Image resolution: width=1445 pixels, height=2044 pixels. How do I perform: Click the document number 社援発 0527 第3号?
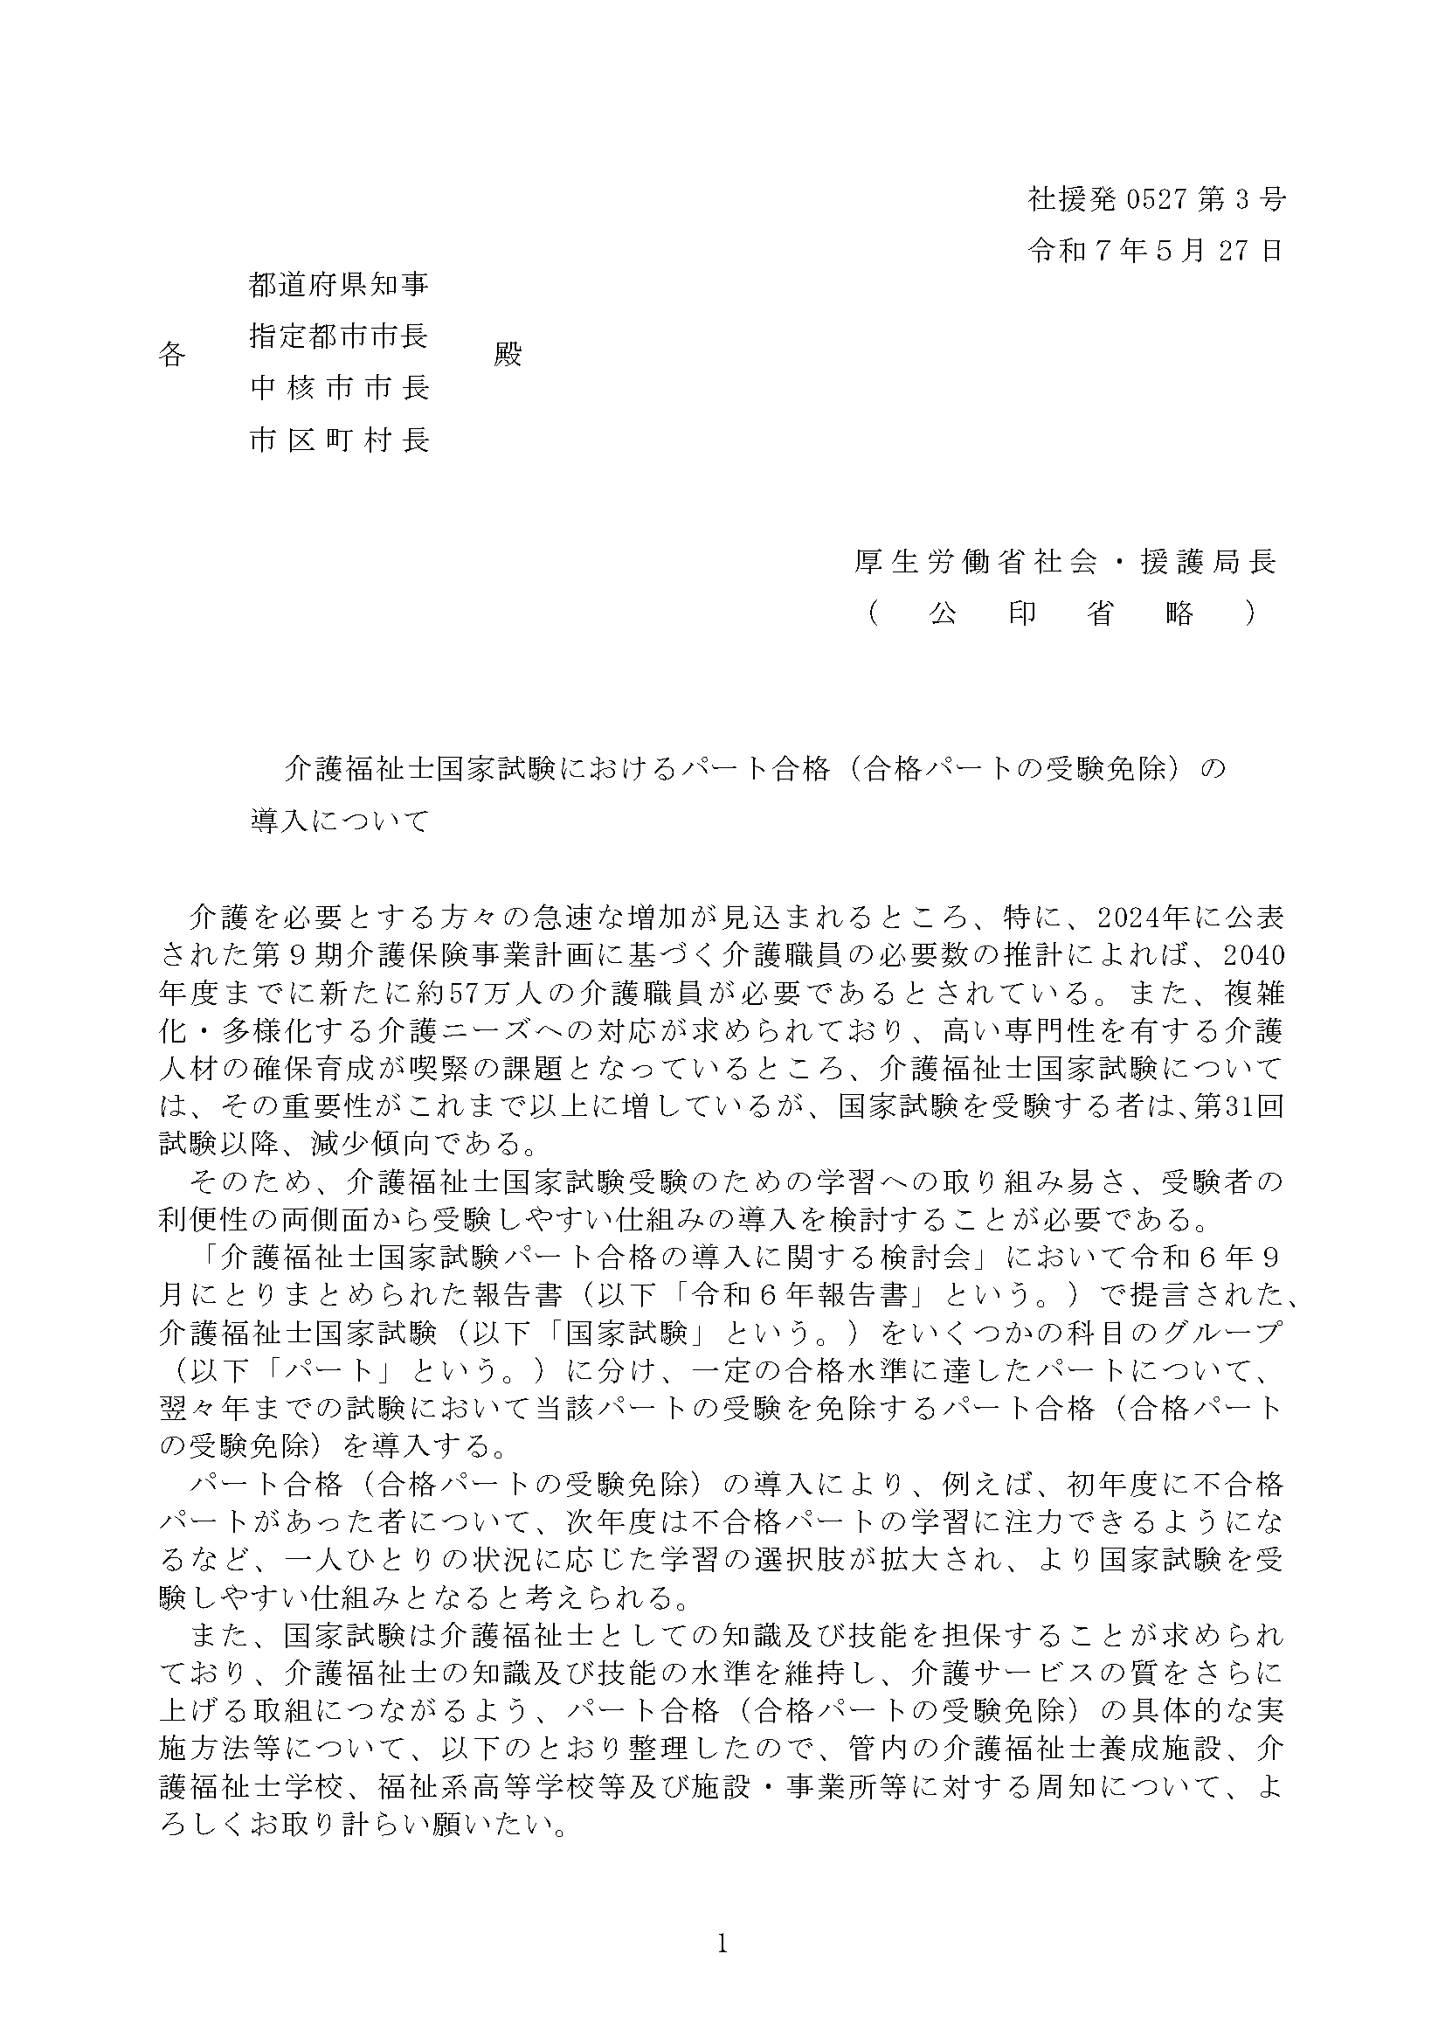coord(1156,198)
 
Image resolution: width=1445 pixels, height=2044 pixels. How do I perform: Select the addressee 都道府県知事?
coord(339,284)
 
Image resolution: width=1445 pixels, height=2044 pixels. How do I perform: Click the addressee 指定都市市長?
coord(339,336)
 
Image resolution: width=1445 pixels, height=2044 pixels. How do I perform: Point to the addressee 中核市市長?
coord(339,387)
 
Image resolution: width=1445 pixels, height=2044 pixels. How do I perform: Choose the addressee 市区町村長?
coord(339,440)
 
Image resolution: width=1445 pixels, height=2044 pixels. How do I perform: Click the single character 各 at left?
coord(172,354)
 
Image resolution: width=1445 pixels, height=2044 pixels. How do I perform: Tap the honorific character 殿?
coord(508,354)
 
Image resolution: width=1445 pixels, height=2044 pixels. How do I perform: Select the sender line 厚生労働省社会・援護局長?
coord(1065,561)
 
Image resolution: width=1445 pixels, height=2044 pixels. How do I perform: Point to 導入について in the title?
coord(340,820)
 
